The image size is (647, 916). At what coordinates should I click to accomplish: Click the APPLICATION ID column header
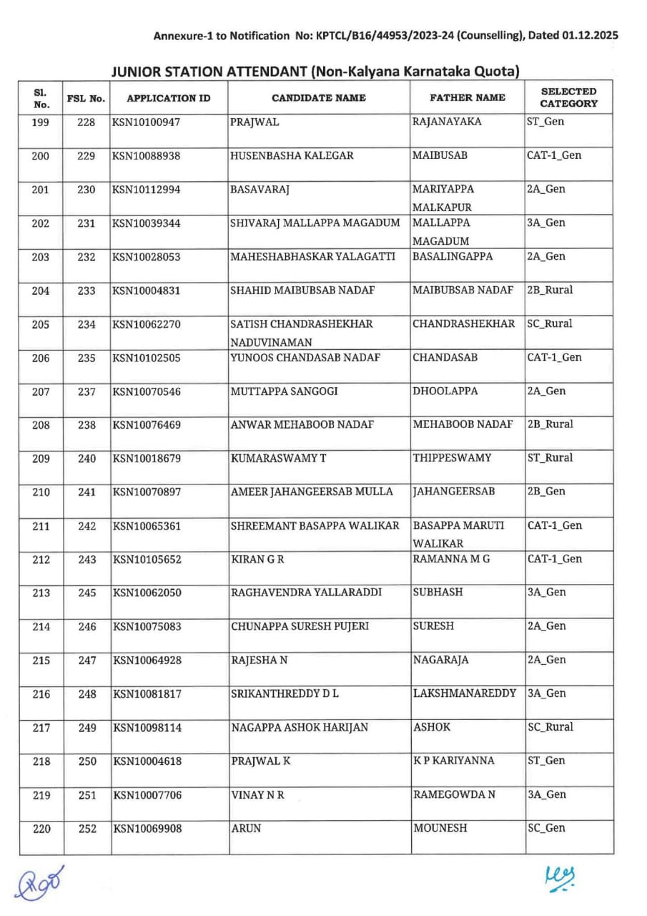(169, 98)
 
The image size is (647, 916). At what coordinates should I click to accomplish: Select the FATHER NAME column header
(468, 97)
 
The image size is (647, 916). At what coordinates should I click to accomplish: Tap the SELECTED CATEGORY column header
(568, 97)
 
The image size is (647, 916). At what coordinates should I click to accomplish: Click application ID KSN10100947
(147, 122)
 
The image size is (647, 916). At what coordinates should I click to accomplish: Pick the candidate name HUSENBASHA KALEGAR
(292, 156)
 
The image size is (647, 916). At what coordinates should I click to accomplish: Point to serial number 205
(41, 325)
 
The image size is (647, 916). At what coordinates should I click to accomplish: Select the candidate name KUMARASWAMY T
(278, 458)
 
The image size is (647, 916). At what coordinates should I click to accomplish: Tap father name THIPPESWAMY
(452, 458)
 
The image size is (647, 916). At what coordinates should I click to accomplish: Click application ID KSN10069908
(147, 829)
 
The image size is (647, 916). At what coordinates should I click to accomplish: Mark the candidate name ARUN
(246, 829)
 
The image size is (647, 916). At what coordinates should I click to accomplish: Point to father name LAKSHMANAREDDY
(465, 693)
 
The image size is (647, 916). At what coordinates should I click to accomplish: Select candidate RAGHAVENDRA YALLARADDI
(306, 593)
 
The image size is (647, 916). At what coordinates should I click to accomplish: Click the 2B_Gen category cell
(546, 492)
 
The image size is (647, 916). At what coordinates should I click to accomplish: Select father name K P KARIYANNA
(453, 761)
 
